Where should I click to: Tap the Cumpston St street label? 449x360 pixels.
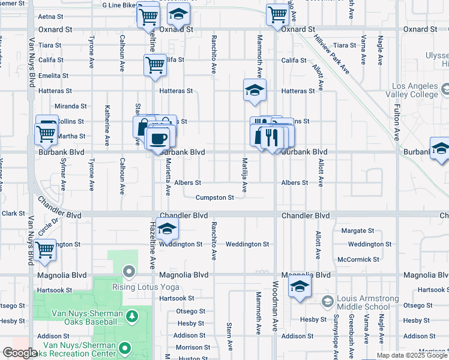tap(214, 197)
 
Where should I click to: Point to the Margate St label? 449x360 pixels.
tap(357, 230)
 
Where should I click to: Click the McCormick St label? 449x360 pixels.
tap(358, 259)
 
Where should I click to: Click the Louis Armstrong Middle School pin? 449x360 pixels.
tap(327, 301)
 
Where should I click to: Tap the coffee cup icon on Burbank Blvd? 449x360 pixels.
tap(159, 139)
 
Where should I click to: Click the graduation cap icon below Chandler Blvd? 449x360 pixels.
tap(168, 229)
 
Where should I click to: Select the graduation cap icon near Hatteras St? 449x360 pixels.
tap(255, 91)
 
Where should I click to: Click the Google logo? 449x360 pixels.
tap(20, 353)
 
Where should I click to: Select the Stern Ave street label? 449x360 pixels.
tap(229, 337)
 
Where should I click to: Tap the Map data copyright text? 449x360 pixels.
tap(412, 355)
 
